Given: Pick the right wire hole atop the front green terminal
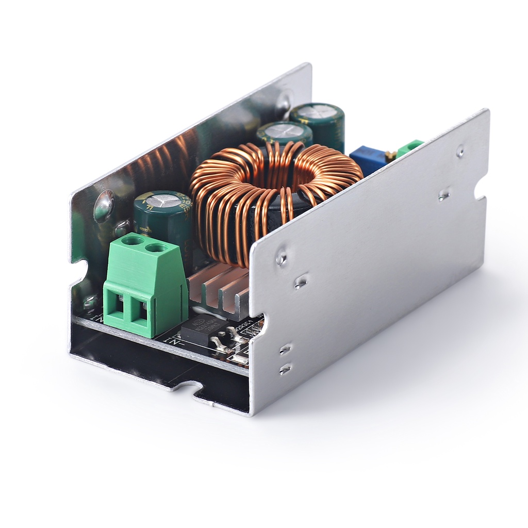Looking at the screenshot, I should click(156, 249).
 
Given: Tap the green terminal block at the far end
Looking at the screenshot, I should click(410, 147).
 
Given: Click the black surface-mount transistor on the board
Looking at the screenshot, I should click(204, 330).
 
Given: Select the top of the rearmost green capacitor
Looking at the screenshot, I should click(317, 111).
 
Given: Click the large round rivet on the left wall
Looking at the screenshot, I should click(104, 205).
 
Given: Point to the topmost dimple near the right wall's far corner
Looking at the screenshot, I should click(460, 152).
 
